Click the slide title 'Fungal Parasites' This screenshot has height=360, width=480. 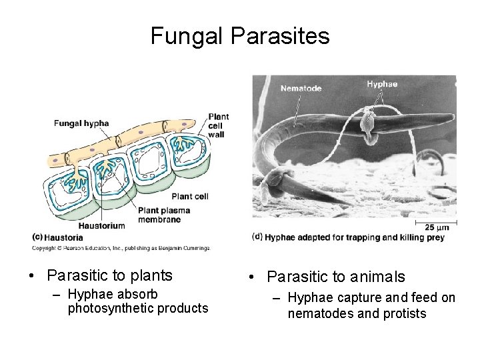[240, 36]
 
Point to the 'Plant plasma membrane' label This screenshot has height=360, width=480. [164, 215]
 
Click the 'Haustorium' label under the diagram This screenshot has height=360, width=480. [101, 225]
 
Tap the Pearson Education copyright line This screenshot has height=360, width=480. [121, 248]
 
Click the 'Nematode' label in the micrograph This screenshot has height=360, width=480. [301, 87]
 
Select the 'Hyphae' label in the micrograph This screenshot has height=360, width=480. [382, 84]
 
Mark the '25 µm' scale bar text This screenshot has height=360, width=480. [437, 228]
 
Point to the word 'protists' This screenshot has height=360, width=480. [402, 313]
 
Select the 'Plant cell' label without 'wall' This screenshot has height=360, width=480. [190, 196]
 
